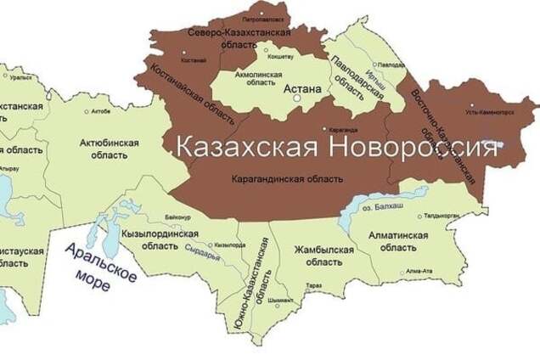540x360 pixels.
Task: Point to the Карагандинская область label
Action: point(287,179)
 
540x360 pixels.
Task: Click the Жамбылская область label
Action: point(323,256)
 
